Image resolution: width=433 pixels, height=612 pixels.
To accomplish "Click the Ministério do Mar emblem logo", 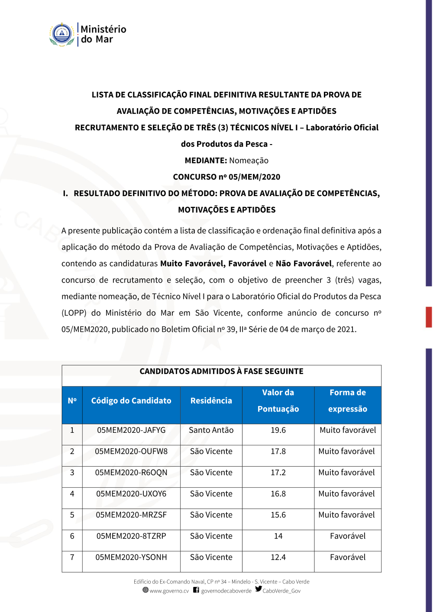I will click(x=62, y=35).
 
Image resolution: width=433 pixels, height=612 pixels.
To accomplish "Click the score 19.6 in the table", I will click(x=278, y=430).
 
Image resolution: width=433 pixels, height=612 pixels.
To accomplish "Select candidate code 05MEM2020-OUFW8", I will click(x=131, y=451).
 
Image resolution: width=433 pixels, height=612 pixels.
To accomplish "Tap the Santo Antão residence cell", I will click(x=211, y=430).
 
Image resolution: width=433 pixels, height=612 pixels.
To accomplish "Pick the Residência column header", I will click(x=211, y=401).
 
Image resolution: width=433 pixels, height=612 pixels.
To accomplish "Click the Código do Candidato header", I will click(x=131, y=401).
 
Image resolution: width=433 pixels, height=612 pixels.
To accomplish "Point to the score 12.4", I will click(x=278, y=557).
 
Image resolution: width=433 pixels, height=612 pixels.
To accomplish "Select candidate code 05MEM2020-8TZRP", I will click(x=131, y=536).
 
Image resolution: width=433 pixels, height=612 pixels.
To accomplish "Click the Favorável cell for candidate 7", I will click(x=348, y=557).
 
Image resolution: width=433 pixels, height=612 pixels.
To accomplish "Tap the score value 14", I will click(x=278, y=536).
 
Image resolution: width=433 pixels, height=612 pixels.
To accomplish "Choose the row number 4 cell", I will click(x=72, y=494).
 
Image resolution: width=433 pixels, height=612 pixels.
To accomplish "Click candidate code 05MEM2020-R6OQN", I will click(x=131, y=473).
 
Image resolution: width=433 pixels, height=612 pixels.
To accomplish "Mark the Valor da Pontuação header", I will click(x=278, y=401).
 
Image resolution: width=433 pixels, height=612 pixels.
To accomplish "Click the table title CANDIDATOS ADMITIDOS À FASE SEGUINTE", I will click(x=221, y=371).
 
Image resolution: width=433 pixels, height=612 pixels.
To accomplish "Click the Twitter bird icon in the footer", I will click(x=259, y=589).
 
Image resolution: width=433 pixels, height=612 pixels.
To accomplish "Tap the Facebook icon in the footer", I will click(x=196, y=590).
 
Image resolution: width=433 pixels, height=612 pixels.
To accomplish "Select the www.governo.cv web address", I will click(x=169, y=591).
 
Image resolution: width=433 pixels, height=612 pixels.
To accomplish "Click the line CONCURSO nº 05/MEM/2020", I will click(x=226, y=177).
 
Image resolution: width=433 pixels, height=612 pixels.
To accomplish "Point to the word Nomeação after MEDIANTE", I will click(x=249, y=161).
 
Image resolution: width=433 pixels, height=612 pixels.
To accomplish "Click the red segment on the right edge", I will click(x=429, y=317).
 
